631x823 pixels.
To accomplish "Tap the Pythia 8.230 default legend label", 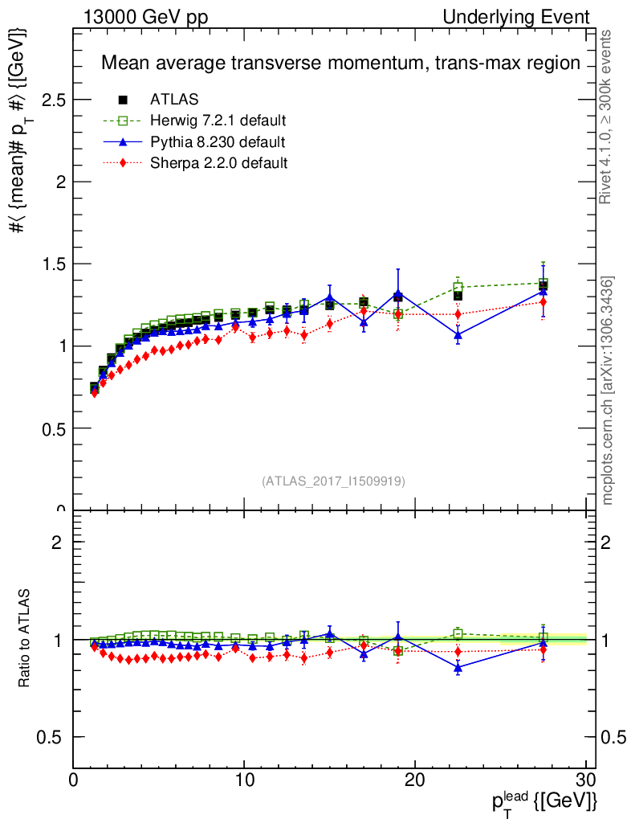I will [x=218, y=142].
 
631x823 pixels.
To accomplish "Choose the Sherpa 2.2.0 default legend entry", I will [x=218, y=163].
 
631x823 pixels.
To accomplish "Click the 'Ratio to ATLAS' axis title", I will [x=26, y=639].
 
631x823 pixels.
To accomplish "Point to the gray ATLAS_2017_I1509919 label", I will [x=333, y=481].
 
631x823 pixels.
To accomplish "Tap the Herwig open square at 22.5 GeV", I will [x=458, y=287].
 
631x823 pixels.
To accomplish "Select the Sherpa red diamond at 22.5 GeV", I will [x=458, y=314].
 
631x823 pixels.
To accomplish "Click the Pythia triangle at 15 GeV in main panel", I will [x=329, y=297].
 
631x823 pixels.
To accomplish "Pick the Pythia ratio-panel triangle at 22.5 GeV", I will [x=458, y=667].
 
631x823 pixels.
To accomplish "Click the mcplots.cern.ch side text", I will [x=608, y=390].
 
